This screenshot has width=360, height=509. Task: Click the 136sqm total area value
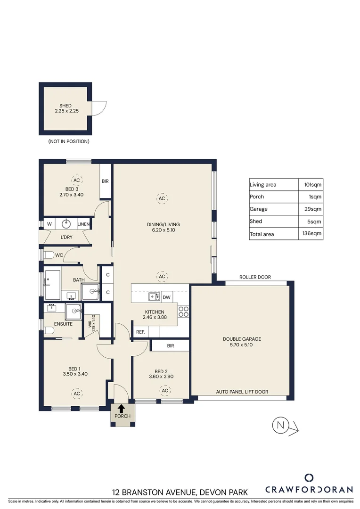click(312, 234)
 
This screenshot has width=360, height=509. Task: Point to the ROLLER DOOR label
click(255, 277)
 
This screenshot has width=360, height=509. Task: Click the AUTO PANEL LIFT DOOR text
click(242, 392)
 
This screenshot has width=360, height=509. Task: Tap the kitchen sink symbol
click(154, 297)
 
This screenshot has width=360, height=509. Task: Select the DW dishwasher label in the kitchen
click(166, 297)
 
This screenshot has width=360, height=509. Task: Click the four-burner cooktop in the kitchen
click(183, 311)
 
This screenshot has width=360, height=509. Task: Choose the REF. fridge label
click(140, 332)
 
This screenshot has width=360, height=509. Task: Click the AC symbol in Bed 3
click(76, 180)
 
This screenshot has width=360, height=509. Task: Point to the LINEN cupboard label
click(83, 224)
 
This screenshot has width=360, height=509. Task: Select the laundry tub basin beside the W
click(66, 223)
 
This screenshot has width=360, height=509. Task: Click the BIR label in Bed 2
click(170, 346)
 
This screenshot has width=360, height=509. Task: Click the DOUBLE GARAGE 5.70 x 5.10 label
click(242, 342)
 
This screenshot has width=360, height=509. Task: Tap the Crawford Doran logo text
click(309, 489)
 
